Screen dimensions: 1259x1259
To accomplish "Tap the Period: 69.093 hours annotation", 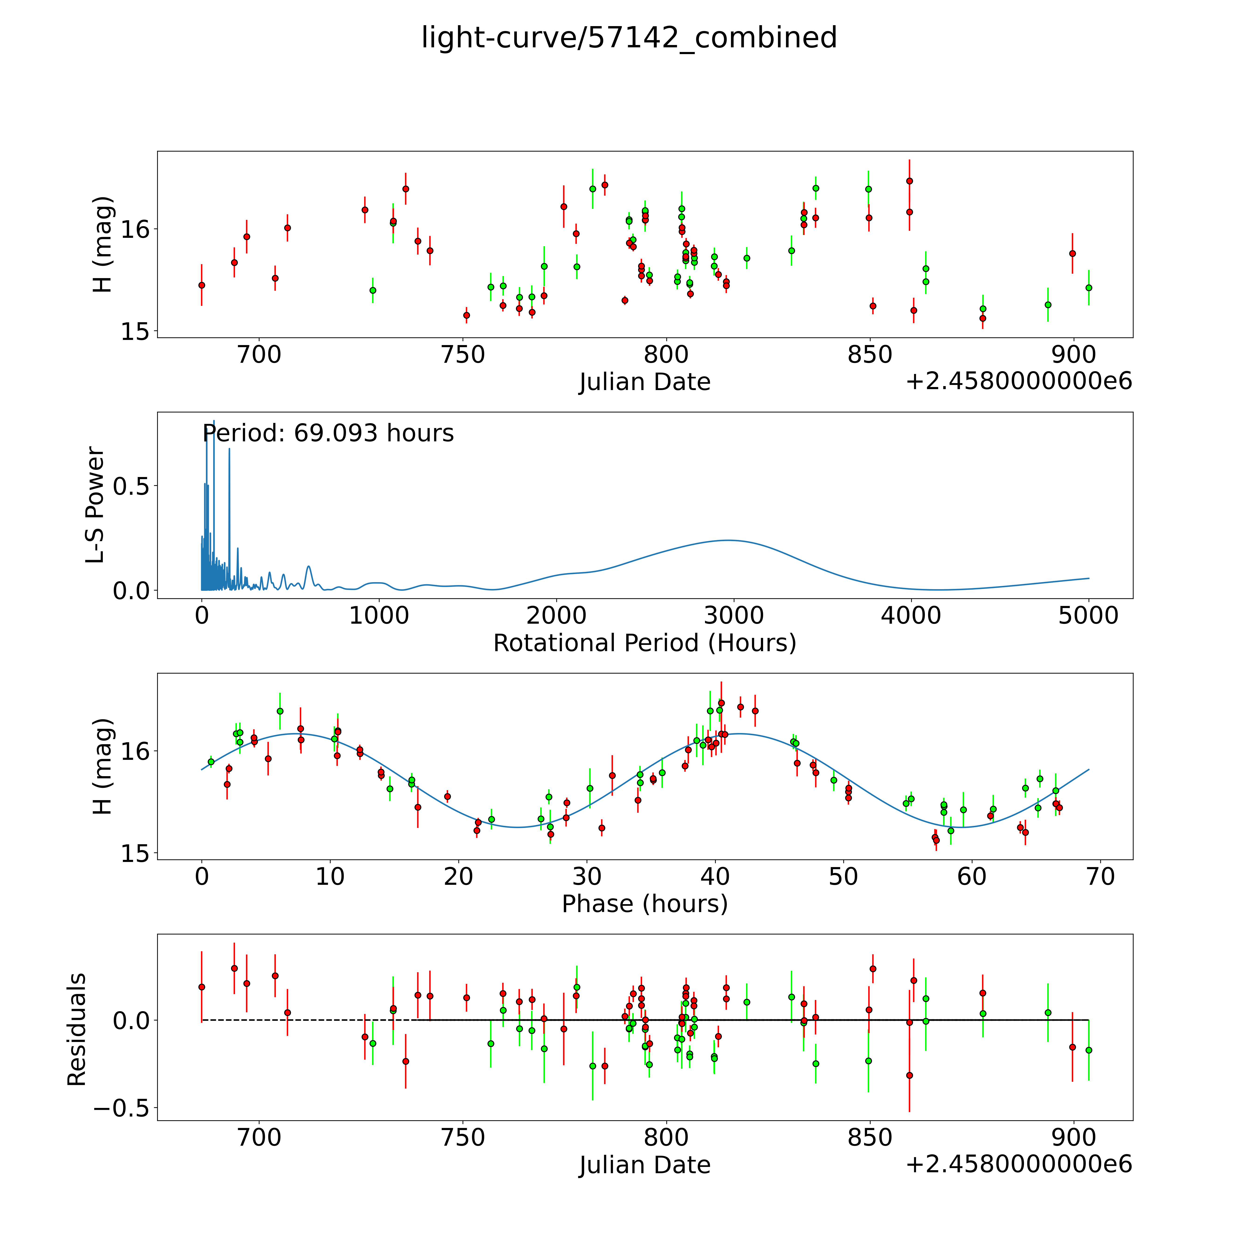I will [328, 433].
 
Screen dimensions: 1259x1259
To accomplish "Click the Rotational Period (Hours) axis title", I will [644, 643].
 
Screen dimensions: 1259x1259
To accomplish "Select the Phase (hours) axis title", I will [644, 904].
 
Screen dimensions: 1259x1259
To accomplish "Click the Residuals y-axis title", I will [77, 1030].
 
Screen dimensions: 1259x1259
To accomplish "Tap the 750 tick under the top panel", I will [463, 355].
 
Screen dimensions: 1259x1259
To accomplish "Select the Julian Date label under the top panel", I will [644, 382].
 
